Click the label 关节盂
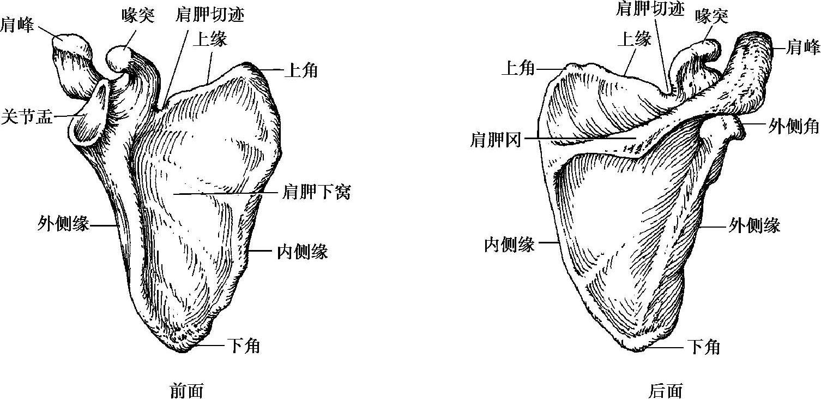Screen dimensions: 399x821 (x=27, y=116)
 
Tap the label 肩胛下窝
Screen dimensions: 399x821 (x=317, y=192)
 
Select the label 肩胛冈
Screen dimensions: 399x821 (x=495, y=140)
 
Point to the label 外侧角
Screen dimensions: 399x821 (x=794, y=126)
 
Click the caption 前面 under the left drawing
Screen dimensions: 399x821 (x=187, y=391)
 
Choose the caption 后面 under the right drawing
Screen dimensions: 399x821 (x=666, y=391)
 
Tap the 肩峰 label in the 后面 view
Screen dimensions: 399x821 (x=804, y=47)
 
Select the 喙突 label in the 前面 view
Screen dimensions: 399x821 (x=138, y=16)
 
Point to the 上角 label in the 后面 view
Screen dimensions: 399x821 (x=518, y=68)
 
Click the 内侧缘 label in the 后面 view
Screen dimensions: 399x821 (x=509, y=245)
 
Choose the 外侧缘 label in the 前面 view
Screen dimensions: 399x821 (x=63, y=223)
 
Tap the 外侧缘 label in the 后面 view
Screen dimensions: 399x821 (x=754, y=225)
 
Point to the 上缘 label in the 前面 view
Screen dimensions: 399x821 (x=210, y=39)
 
